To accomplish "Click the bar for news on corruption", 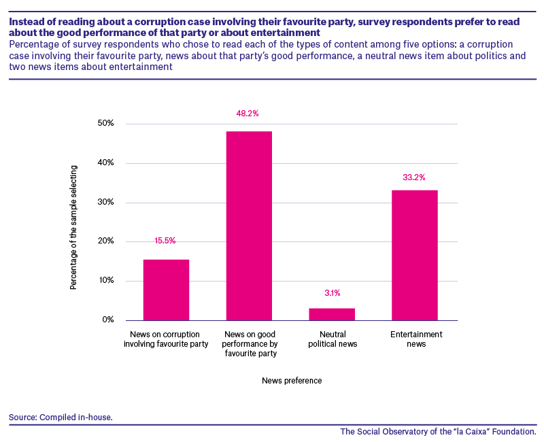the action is [166, 290].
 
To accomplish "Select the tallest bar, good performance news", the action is [249, 226].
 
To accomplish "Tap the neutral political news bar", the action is [332, 314].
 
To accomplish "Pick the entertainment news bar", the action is [415, 255].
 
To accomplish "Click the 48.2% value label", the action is [248, 114].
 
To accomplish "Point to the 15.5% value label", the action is [165, 241].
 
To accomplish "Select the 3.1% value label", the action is [333, 293].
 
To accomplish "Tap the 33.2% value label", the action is [414, 177].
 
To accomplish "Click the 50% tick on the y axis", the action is [106, 123].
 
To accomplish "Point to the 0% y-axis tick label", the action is [108, 320].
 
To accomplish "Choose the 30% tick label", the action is [106, 202].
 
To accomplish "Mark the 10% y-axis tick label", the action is [106, 280].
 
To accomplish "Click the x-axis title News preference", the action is [292, 381].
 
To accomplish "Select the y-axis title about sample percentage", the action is [73, 228].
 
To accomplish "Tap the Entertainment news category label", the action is [416, 339].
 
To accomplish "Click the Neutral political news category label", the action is [333, 339].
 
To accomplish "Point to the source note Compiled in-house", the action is [61, 417].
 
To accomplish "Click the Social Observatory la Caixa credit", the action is [438, 432].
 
